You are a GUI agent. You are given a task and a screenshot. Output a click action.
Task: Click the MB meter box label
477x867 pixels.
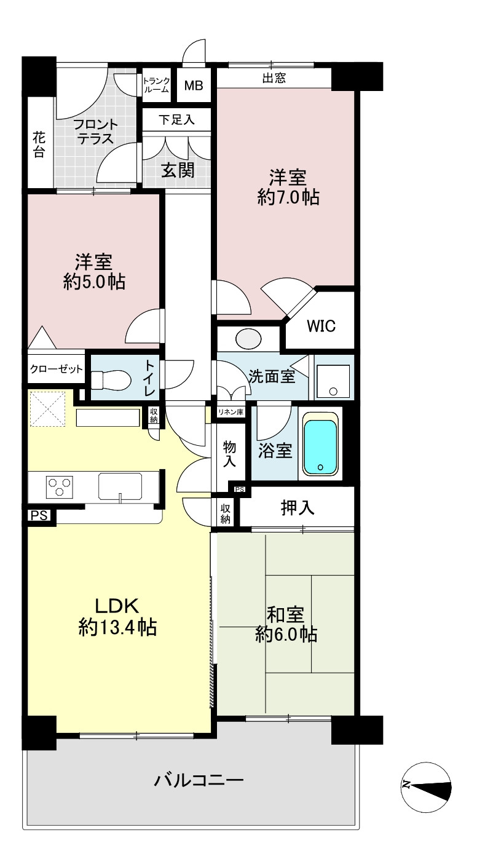(194, 85)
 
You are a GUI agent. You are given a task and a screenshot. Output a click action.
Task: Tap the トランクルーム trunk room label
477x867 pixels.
(156, 85)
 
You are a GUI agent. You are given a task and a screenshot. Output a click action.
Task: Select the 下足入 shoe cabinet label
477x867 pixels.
(176, 120)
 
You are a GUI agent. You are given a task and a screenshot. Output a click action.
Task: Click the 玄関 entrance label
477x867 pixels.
(178, 170)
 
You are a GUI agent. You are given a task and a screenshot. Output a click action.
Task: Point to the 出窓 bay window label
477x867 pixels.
(274, 78)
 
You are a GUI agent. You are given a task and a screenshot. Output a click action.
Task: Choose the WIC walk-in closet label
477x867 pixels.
(321, 326)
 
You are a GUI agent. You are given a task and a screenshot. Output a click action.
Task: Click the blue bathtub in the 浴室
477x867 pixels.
(320, 446)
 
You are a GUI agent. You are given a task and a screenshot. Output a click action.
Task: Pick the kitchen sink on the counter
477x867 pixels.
(120, 486)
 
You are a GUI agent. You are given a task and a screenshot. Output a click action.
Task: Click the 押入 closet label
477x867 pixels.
(297, 507)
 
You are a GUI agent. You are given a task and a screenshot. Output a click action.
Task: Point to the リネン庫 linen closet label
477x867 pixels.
(231, 412)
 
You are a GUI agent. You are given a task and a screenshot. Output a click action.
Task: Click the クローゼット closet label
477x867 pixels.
(57, 369)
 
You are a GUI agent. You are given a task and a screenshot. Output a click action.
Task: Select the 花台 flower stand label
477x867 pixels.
(39, 144)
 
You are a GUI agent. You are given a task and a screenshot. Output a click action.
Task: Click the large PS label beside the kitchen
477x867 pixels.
(39, 515)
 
